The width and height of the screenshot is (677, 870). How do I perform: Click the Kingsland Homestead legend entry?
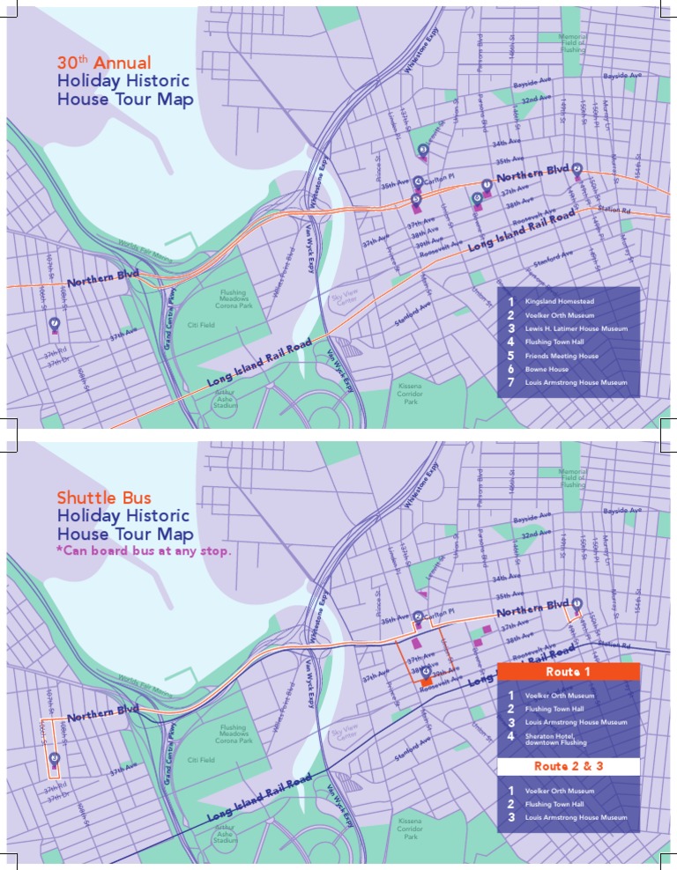pos(559,301)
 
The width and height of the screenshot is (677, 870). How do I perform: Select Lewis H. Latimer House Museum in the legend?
pos(576,328)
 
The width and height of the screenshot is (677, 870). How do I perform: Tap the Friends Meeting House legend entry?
pos(562,356)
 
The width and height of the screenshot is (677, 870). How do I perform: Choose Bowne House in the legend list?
pos(547,370)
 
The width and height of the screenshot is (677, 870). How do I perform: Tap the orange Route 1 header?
pos(569,672)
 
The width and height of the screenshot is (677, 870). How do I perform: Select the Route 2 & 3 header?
pos(569,766)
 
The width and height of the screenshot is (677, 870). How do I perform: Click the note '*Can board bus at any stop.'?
pos(145,552)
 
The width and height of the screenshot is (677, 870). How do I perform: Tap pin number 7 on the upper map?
pos(55,323)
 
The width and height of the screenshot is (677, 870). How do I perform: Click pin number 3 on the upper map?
pos(423,150)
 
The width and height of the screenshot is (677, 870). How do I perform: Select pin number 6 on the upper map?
pos(477,198)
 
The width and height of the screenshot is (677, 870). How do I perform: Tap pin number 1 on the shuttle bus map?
pos(577,603)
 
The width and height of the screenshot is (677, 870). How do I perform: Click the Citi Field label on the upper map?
pos(202,325)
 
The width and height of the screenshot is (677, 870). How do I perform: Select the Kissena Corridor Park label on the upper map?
pos(410,394)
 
